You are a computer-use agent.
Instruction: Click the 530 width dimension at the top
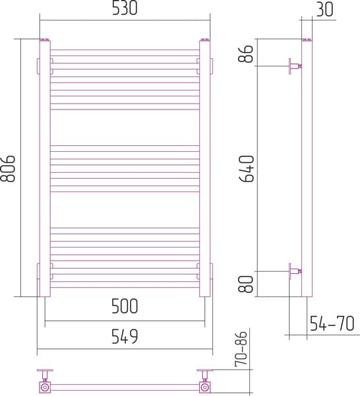pos(124,9)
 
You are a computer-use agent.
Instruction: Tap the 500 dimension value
pos(124,306)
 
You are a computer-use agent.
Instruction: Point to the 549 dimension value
pos(124,337)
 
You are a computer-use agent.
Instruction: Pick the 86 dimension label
pos(245,53)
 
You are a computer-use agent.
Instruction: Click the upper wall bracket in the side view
pos(294,67)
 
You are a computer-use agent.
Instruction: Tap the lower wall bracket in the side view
pos(294,271)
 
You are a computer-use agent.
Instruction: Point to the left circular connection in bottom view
pos(45,387)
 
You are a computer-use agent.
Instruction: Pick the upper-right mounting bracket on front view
pos(210,67)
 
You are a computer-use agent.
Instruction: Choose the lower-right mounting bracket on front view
pos(210,271)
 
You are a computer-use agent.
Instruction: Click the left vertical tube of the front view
pos(45,165)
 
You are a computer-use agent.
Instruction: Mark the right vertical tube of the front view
pos(203,165)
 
